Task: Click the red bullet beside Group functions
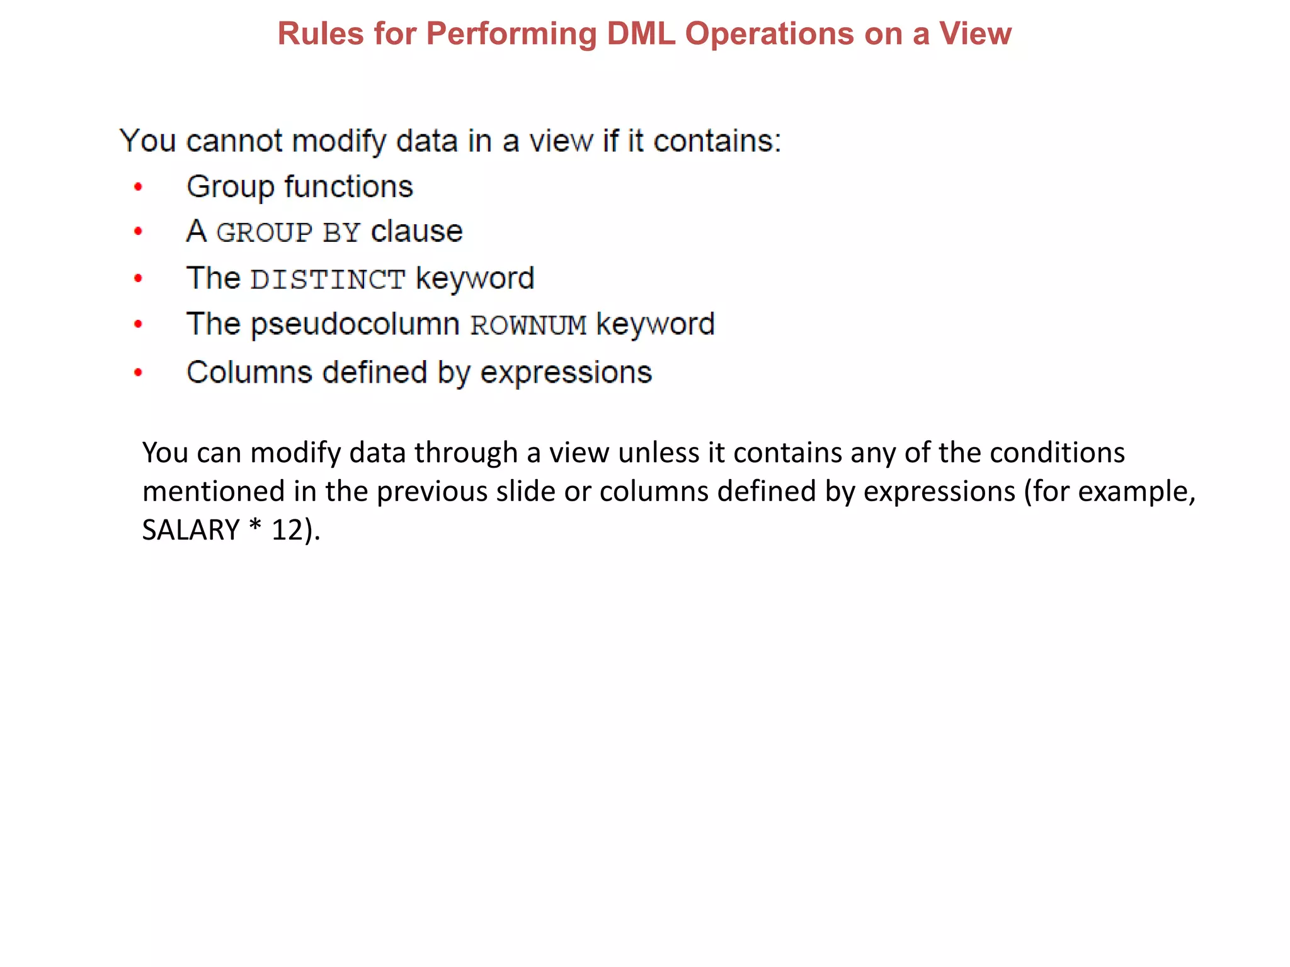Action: click(139, 187)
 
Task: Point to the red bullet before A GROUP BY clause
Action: click(139, 232)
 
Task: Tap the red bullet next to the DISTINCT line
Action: click(139, 278)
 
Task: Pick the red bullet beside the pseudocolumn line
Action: click(139, 325)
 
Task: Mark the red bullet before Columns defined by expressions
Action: click(139, 373)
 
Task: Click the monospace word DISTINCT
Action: click(328, 280)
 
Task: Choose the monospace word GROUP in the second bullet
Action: click(264, 233)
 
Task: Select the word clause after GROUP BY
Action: click(417, 232)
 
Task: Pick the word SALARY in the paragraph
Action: click(191, 530)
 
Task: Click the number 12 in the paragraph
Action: click(287, 530)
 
